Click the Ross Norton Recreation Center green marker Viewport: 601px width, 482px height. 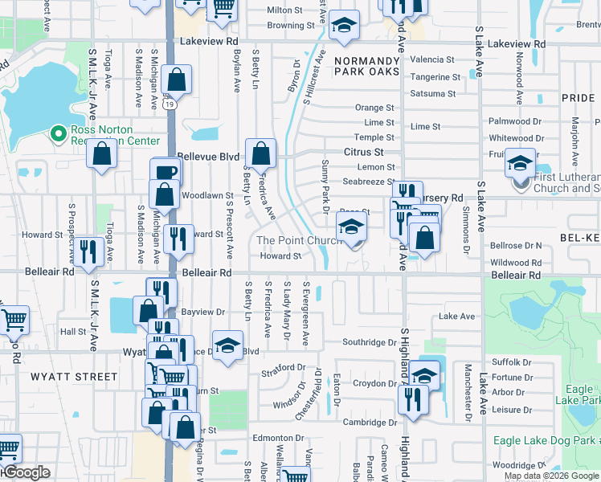tap(58, 133)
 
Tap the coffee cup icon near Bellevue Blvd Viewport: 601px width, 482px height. tap(166, 173)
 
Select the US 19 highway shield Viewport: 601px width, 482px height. tap(168, 104)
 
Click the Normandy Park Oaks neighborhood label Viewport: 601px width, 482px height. tap(366, 66)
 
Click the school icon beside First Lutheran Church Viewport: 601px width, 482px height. tap(520, 165)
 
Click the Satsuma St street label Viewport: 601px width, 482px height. tap(432, 94)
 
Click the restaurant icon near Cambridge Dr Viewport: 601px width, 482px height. tap(412, 398)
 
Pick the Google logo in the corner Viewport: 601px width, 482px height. tap(26, 472)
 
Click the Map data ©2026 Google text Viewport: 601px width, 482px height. tap(551, 476)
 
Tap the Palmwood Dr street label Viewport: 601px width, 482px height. tap(515, 121)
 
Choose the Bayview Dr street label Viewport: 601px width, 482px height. tap(202, 311)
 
